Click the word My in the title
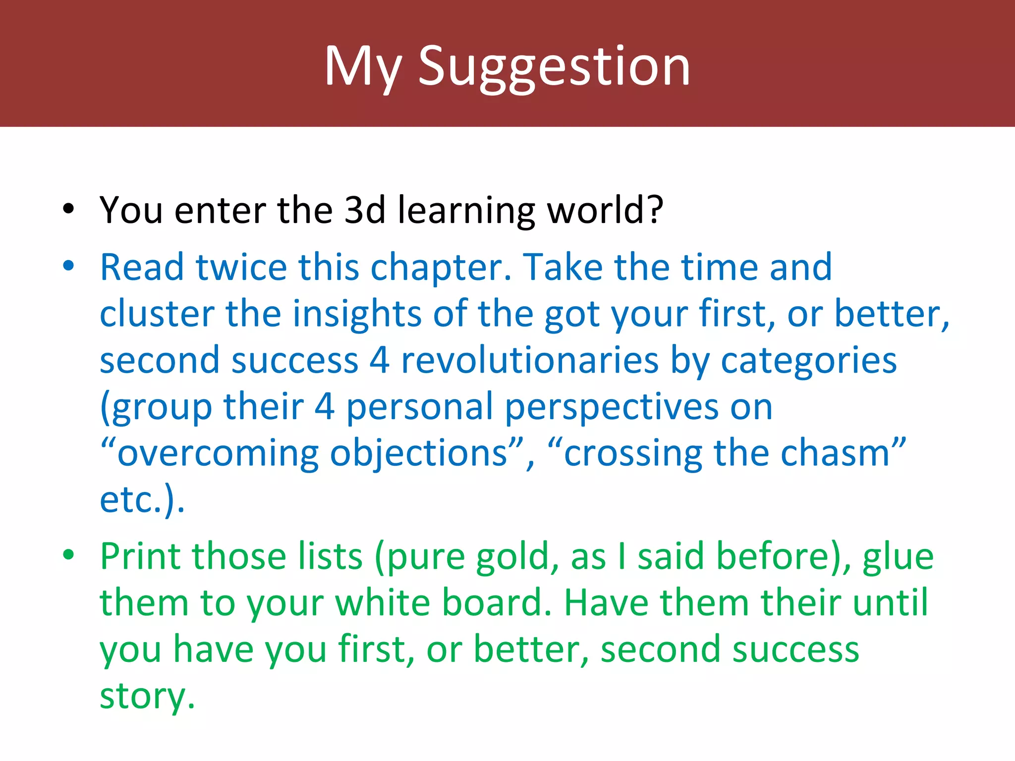click(362, 67)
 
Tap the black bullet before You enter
click(68, 209)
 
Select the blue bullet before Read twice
click(68, 266)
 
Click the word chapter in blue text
click(440, 268)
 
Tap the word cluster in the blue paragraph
click(157, 314)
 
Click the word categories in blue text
click(808, 362)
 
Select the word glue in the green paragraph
click(898, 557)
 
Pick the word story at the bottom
click(147, 696)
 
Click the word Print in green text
click(139, 557)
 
